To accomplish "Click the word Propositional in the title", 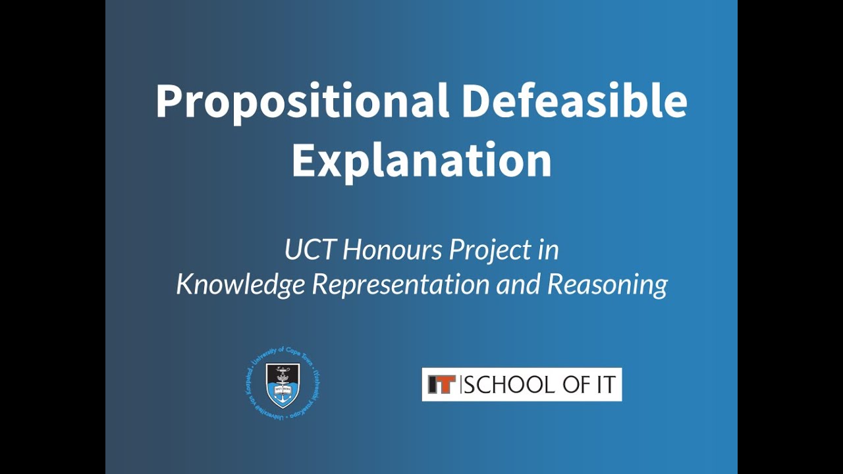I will (302, 103).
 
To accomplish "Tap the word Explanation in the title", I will (421, 160).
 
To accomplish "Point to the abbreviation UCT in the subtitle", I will (310, 250).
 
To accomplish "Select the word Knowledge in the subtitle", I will (240, 284).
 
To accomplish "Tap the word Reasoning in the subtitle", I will (607, 284).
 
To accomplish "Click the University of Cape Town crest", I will (282, 386).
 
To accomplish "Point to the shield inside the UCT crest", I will (282, 384).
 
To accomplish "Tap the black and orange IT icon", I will (441, 384).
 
